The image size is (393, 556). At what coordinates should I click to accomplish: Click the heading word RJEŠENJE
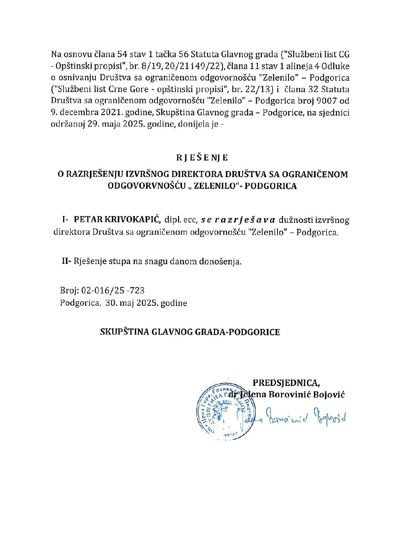tap(202, 157)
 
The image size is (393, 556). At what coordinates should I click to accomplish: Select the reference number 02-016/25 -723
tap(113, 290)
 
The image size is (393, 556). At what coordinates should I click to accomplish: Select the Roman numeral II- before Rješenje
tap(66, 261)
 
